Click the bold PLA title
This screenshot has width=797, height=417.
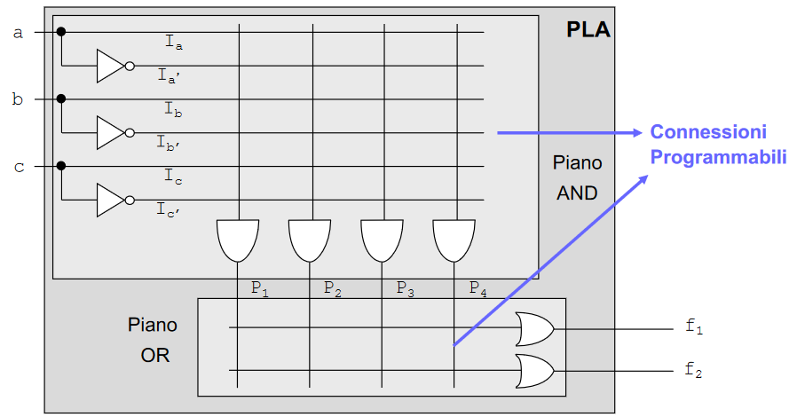pos(588,30)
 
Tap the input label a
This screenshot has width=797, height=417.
pos(18,33)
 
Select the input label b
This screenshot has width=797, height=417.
pos(18,99)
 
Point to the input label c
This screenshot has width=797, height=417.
pos(18,166)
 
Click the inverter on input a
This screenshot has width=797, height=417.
pos(113,66)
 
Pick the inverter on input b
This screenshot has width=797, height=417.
pos(113,132)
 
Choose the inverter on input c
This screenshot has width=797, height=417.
pos(113,199)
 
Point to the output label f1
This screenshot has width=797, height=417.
pos(694,327)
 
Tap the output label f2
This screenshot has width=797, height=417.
pos(694,369)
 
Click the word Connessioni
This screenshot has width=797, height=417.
pos(707,132)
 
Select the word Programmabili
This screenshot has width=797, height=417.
pos(718,157)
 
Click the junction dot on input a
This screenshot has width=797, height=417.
pos(61,33)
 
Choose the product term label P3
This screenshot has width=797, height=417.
pos(405,288)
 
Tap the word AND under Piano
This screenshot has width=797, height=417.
pos(577,192)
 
